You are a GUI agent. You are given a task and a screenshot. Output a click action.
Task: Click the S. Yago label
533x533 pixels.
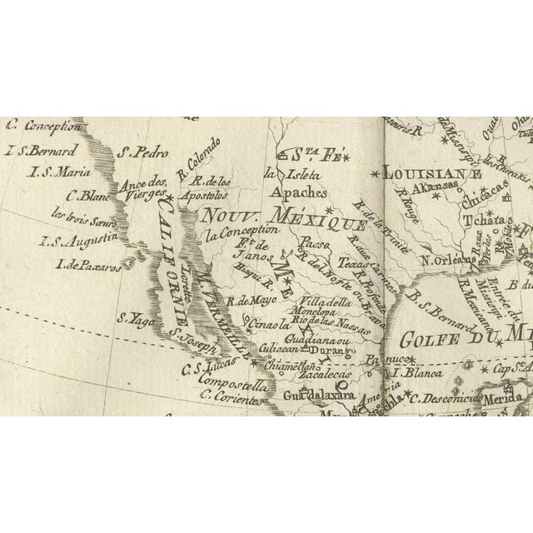(x=132, y=316)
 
